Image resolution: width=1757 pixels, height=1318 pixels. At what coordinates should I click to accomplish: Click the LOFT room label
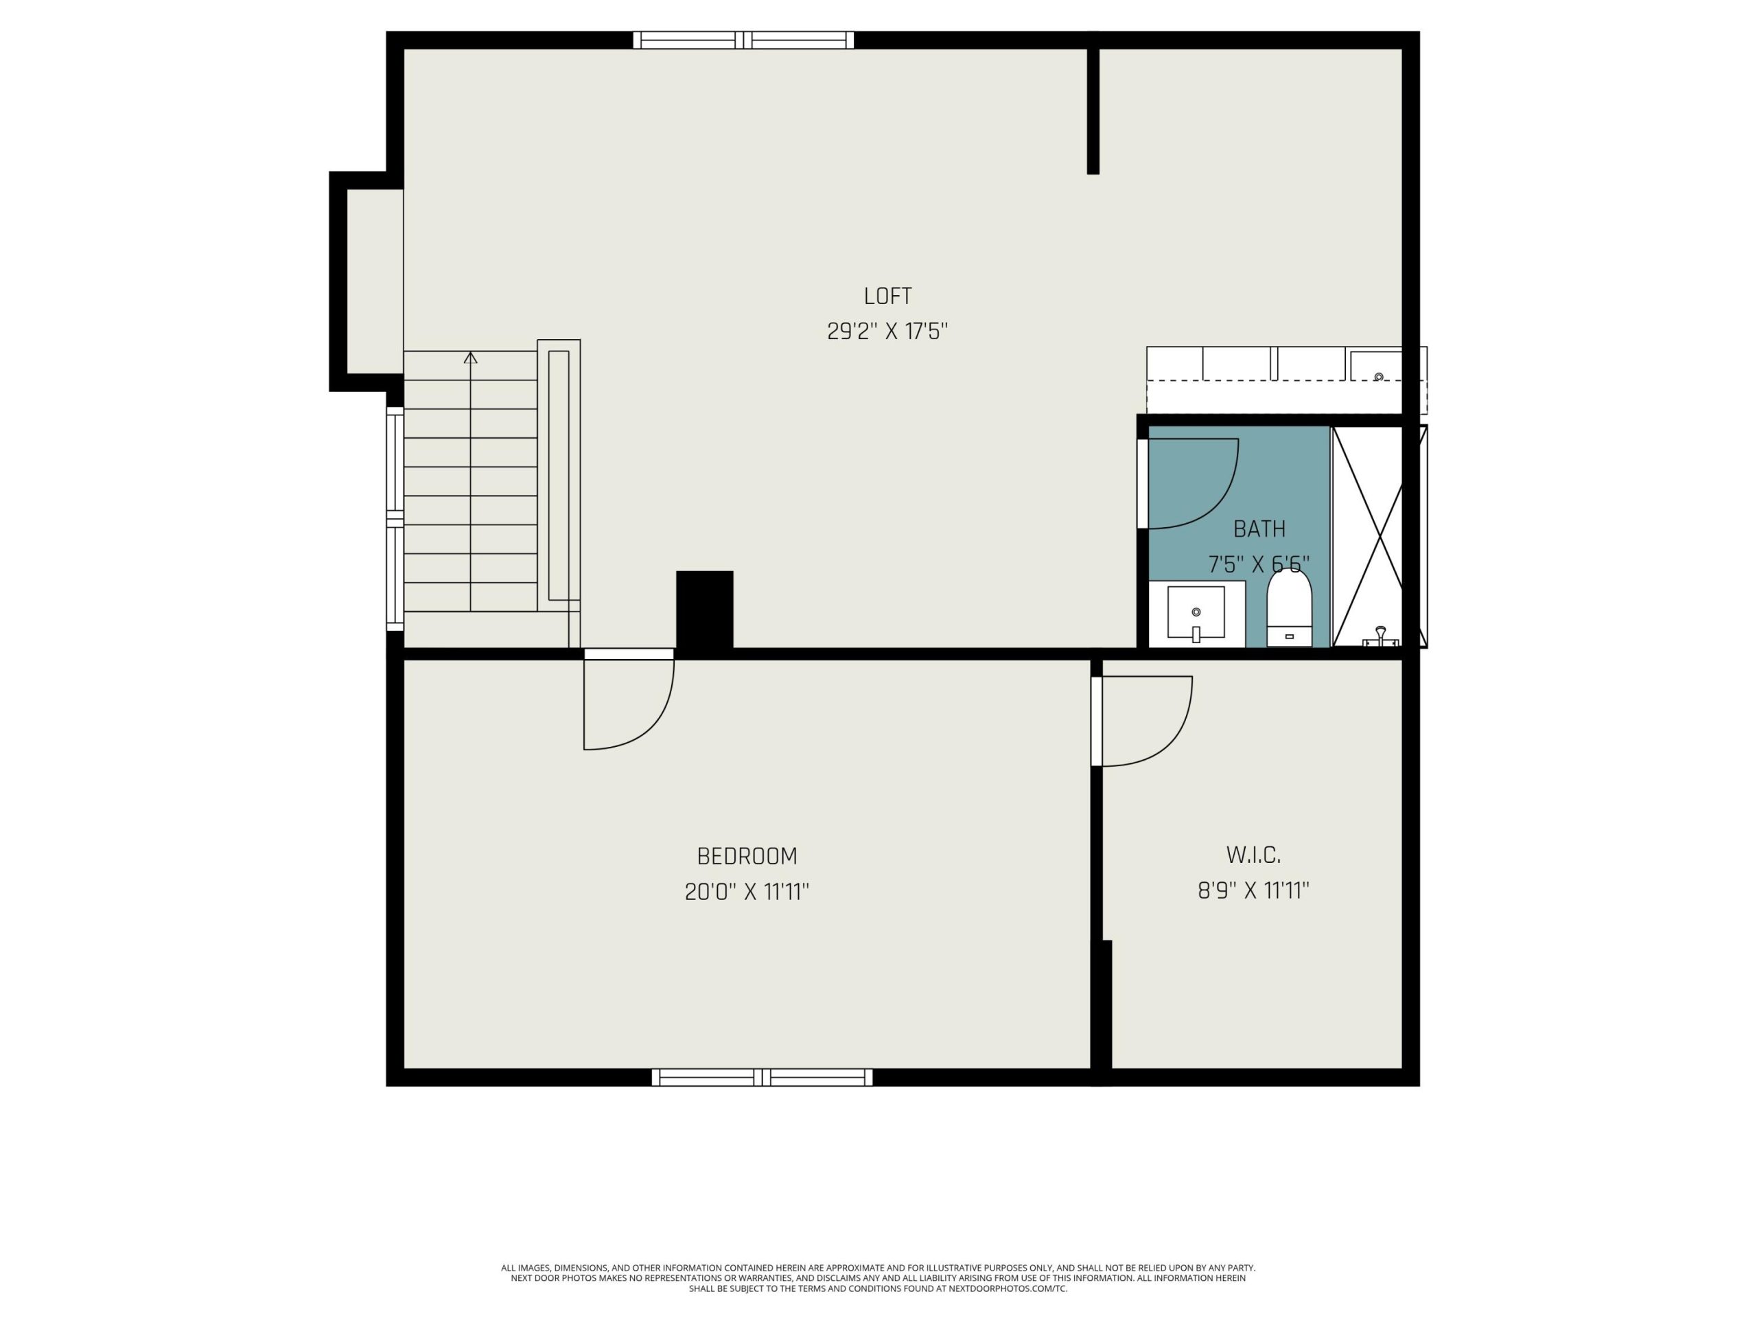pyautogui.click(x=887, y=297)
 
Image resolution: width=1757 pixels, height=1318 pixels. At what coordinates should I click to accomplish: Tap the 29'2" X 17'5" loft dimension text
pyautogui.click(x=887, y=332)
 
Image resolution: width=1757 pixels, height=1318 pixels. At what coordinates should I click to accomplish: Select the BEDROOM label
pyautogui.click(x=747, y=857)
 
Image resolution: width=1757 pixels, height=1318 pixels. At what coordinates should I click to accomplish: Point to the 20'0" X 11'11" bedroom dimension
pyautogui.click(x=747, y=892)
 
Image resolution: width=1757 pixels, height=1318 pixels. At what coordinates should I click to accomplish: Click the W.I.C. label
pyautogui.click(x=1253, y=855)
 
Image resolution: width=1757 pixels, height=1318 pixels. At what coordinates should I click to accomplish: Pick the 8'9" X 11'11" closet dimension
pyautogui.click(x=1253, y=890)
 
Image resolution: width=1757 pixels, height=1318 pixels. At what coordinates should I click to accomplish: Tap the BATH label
pyautogui.click(x=1259, y=529)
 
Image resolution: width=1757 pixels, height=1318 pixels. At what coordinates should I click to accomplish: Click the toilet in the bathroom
pyautogui.click(x=1288, y=607)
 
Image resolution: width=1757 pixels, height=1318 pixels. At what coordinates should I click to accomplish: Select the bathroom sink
pyautogui.click(x=1196, y=613)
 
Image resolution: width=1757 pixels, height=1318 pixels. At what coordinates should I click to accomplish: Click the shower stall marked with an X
pyautogui.click(x=1368, y=536)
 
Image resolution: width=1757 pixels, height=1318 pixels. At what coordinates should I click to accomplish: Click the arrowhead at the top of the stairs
pyautogui.click(x=470, y=358)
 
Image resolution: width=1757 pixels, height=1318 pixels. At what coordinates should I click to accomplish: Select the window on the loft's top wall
pyautogui.click(x=743, y=40)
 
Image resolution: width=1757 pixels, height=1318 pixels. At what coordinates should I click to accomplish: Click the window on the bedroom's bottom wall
pyautogui.click(x=763, y=1077)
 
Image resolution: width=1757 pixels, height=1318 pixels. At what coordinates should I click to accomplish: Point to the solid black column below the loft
pyautogui.click(x=705, y=612)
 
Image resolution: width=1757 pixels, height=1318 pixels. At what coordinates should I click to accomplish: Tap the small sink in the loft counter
pyautogui.click(x=1379, y=377)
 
